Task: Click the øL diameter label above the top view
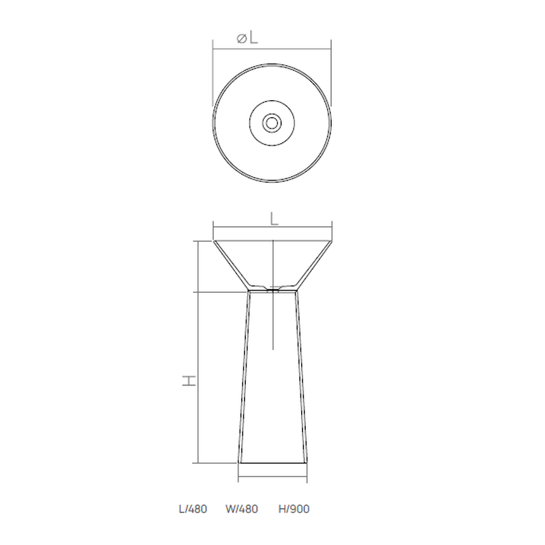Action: coord(247,38)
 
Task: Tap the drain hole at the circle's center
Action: coord(272,123)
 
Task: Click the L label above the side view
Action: coord(273,219)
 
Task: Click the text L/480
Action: coord(193,509)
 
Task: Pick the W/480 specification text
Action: coord(242,509)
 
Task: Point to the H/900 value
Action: coord(294,509)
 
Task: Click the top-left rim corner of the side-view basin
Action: coord(213,241)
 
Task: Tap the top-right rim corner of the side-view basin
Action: coord(332,241)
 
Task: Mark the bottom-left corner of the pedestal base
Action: coord(238,463)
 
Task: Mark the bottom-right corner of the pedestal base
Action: coord(307,463)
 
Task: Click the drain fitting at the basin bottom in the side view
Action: coord(272,289)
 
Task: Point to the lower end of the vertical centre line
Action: coord(272,349)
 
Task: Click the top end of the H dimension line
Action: coord(198,241)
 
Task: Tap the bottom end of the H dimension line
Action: coord(198,463)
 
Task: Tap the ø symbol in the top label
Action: coord(241,40)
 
